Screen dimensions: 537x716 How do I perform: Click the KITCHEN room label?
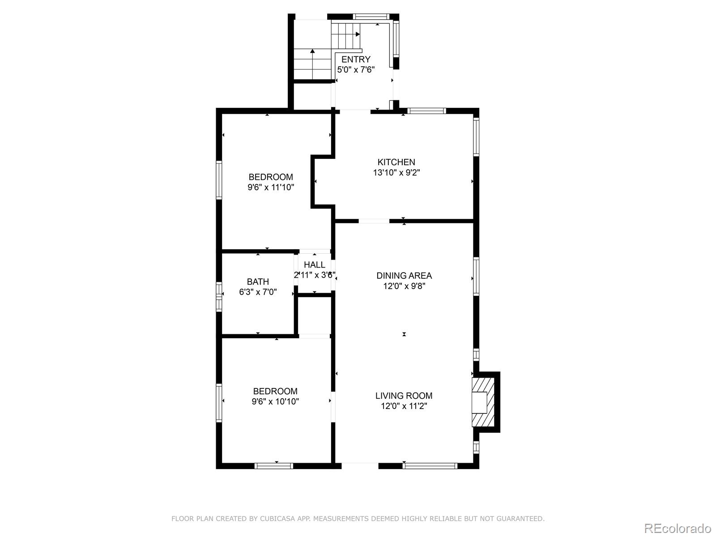tap(396, 162)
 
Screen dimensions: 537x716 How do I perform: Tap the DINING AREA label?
tap(404, 276)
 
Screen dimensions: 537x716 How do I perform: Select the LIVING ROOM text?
tap(404, 396)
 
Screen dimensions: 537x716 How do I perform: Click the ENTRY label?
tap(356, 60)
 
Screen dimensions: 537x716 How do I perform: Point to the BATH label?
tap(258, 281)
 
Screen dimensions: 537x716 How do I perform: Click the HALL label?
tap(314, 264)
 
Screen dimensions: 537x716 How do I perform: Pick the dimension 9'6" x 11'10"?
tap(271, 187)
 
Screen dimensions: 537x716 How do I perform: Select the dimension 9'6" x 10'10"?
tap(275, 401)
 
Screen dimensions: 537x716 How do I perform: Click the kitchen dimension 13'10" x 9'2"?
tap(396, 172)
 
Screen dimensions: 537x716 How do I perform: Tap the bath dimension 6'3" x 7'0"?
tap(258, 292)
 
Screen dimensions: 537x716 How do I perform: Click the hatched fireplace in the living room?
tap(483, 401)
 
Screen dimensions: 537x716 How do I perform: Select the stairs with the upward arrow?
tap(311, 64)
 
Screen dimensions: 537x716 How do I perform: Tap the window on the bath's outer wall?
tap(219, 296)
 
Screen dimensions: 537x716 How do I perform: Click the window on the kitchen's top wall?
tap(426, 111)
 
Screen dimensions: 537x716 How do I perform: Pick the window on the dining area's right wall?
tap(476, 276)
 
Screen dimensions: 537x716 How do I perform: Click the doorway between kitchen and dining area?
tap(374, 221)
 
